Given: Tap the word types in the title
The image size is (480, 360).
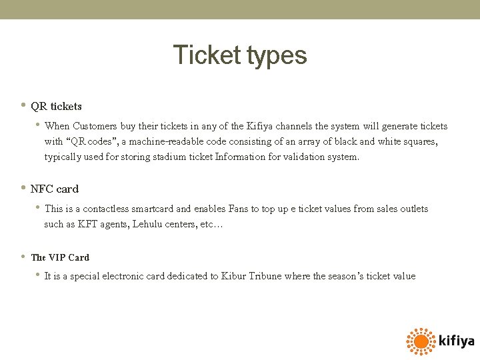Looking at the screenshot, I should pos(277,56).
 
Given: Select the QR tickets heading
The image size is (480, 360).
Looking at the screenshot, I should pos(57,106).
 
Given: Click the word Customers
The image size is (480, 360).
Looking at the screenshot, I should pos(95,126).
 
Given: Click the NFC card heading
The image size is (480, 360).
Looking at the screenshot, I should pos(55,189).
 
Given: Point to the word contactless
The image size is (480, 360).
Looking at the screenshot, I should pos(110,209).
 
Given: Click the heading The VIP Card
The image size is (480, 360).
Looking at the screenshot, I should pos(60,257).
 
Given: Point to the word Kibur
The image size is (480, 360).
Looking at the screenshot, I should pos(235,276).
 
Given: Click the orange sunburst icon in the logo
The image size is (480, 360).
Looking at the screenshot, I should pos(421,341).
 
